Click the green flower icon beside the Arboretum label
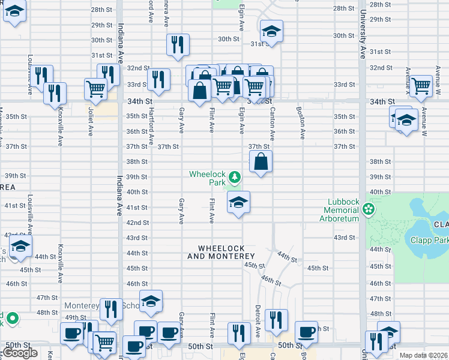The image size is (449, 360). (368, 210)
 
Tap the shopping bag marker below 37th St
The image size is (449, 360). (261, 162)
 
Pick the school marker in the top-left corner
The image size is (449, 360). (14, 12)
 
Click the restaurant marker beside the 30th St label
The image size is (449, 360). (178, 45)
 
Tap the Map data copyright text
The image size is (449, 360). (424, 355)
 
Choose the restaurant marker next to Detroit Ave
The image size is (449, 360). (276, 320)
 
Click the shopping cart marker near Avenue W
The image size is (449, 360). (421, 86)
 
